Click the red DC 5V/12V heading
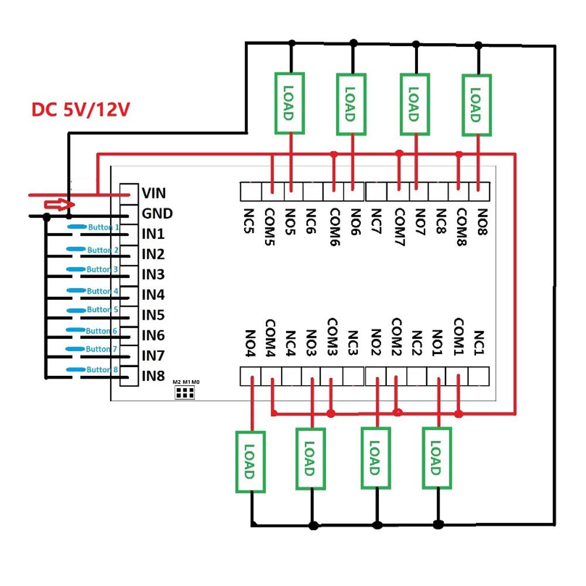[79, 110]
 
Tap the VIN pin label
[154, 193]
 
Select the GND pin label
[157, 214]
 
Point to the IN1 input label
[153, 234]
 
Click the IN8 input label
[153, 376]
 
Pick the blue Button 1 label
[104, 227]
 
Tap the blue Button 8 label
[102, 369]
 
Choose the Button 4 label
[102, 291]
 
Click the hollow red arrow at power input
[57, 204]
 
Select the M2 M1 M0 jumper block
[186, 390]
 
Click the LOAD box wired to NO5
[289, 104]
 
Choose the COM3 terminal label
[332, 337]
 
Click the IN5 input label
[153, 315]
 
